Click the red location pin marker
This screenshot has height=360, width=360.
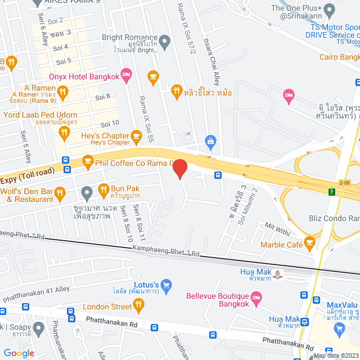point(179,169)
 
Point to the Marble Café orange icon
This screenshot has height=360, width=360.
point(309,242)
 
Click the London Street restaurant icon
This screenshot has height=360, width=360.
point(138,305)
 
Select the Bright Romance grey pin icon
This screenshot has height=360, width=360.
point(164,40)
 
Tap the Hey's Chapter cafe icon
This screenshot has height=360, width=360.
point(136,136)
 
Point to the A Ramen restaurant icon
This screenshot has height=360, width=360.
point(63,91)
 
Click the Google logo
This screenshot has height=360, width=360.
point(19,353)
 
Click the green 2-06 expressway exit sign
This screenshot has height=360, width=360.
point(333,192)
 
